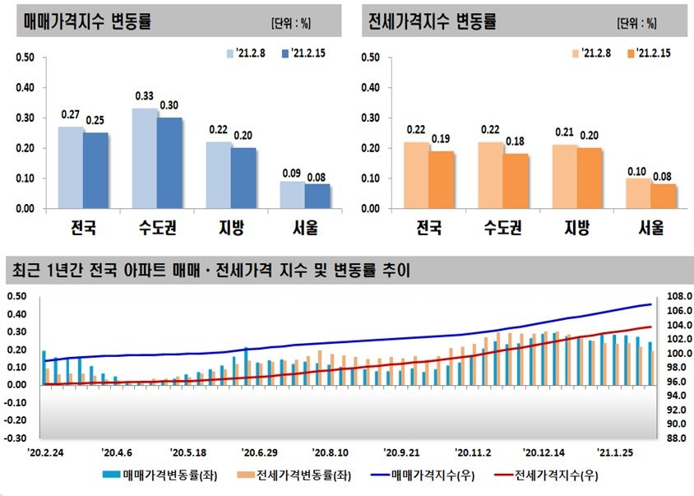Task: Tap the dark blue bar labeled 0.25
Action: (95, 170)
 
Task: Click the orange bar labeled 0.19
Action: (442, 179)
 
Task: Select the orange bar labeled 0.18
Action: (516, 181)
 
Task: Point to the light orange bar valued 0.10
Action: (638, 193)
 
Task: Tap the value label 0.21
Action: (565, 132)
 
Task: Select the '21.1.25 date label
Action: (616, 452)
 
